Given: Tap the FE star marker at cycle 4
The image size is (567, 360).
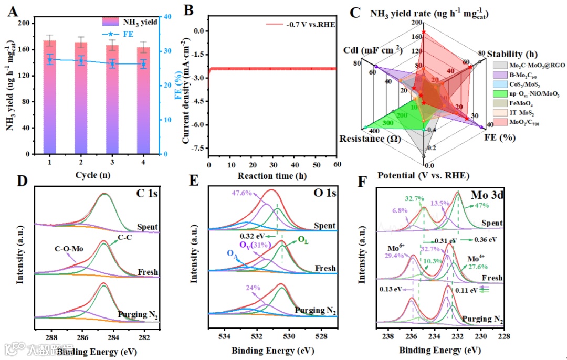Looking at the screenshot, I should [143, 65].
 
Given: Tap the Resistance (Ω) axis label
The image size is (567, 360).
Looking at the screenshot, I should [368, 139].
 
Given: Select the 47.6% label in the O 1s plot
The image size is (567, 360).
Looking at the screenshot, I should [243, 193].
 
